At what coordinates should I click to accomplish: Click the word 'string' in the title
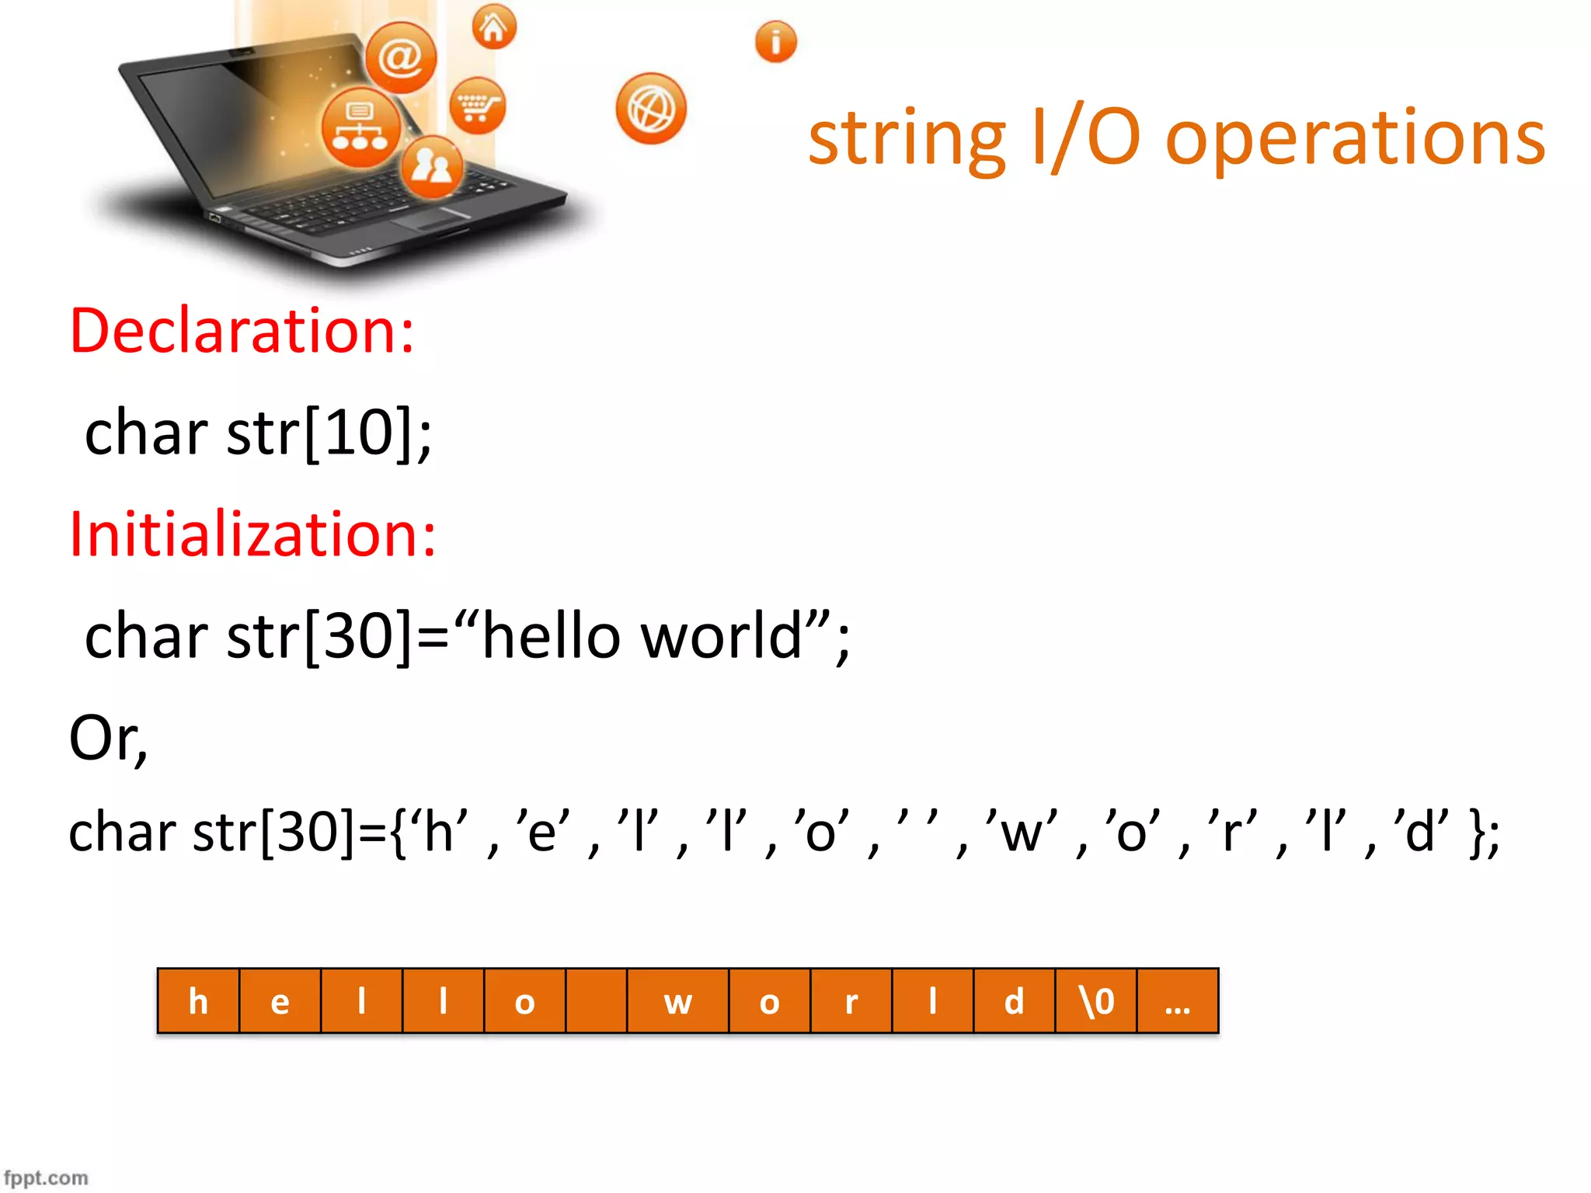pyautogui.click(x=906, y=140)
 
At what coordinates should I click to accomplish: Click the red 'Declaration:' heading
pyautogui.click(x=242, y=331)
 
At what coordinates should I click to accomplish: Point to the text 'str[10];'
pyautogui.click(x=329, y=433)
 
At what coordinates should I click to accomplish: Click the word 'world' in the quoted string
pyautogui.click(x=721, y=636)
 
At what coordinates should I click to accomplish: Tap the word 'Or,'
pyautogui.click(x=108, y=738)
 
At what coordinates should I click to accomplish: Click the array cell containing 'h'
pyautogui.click(x=199, y=1001)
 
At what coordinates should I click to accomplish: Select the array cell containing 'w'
pyautogui.click(x=677, y=1001)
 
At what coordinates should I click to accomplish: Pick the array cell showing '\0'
pyautogui.click(x=1096, y=1001)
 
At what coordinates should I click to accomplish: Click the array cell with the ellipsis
pyautogui.click(x=1178, y=1001)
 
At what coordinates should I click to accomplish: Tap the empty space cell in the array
pyautogui.click(x=596, y=1001)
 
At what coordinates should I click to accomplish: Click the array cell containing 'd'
pyautogui.click(x=1014, y=1001)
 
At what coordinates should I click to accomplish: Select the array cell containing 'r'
pyautogui.click(x=851, y=1001)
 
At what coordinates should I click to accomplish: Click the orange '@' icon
pyautogui.click(x=401, y=57)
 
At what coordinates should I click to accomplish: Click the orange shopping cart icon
pyautogui.click(x=477, y=106)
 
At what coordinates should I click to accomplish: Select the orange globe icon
pyautogui.click(x=651, y=109)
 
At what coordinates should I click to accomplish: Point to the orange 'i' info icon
pyautogui.click(x=775, y=42)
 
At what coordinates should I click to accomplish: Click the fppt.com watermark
pyautogui.click(x=46, y=1177)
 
